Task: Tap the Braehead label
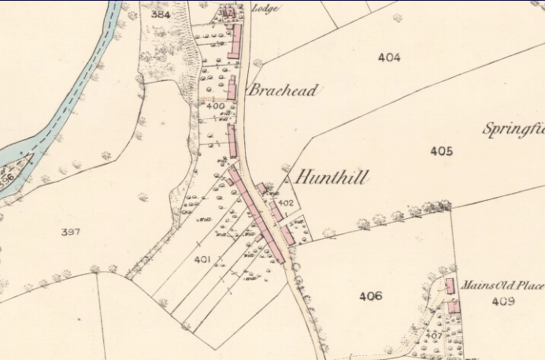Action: pos(282,91)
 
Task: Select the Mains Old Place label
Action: pos(502,285)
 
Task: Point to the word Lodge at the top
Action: pos(266,9)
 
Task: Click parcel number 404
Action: pos(388,58)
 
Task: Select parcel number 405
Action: pos(441,150)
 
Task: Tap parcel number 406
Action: pos(370,296)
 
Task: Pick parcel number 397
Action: pos(71,232)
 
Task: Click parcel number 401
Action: pos(202,258)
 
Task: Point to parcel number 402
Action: pos(287,203)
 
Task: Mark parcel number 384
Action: pos(161,15)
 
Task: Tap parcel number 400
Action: pos(215,106)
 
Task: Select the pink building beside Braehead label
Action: pos(232,87)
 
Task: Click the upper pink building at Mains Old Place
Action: pos(450,285)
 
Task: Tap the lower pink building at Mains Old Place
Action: pos(454,307)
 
